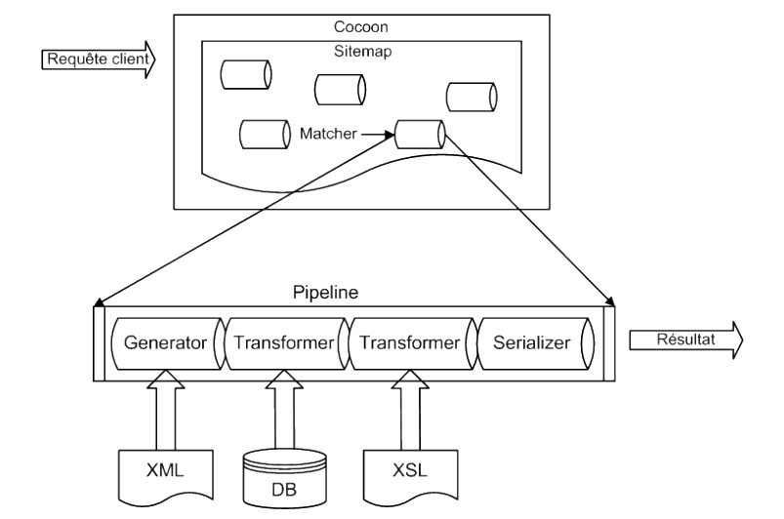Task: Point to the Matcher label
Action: tap(329, 134)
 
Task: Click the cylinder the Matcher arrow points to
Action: tap(420, 134)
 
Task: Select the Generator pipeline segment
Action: tap(166, 343)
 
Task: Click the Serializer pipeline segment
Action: tap(532, 343)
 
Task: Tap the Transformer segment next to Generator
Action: tap(283, 343)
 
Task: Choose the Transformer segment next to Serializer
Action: tap(410, 343)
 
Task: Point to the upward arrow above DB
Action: tap(281, 410)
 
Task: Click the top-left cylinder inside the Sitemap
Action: tap(246, 74)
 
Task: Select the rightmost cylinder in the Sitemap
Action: tap(472, 97)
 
